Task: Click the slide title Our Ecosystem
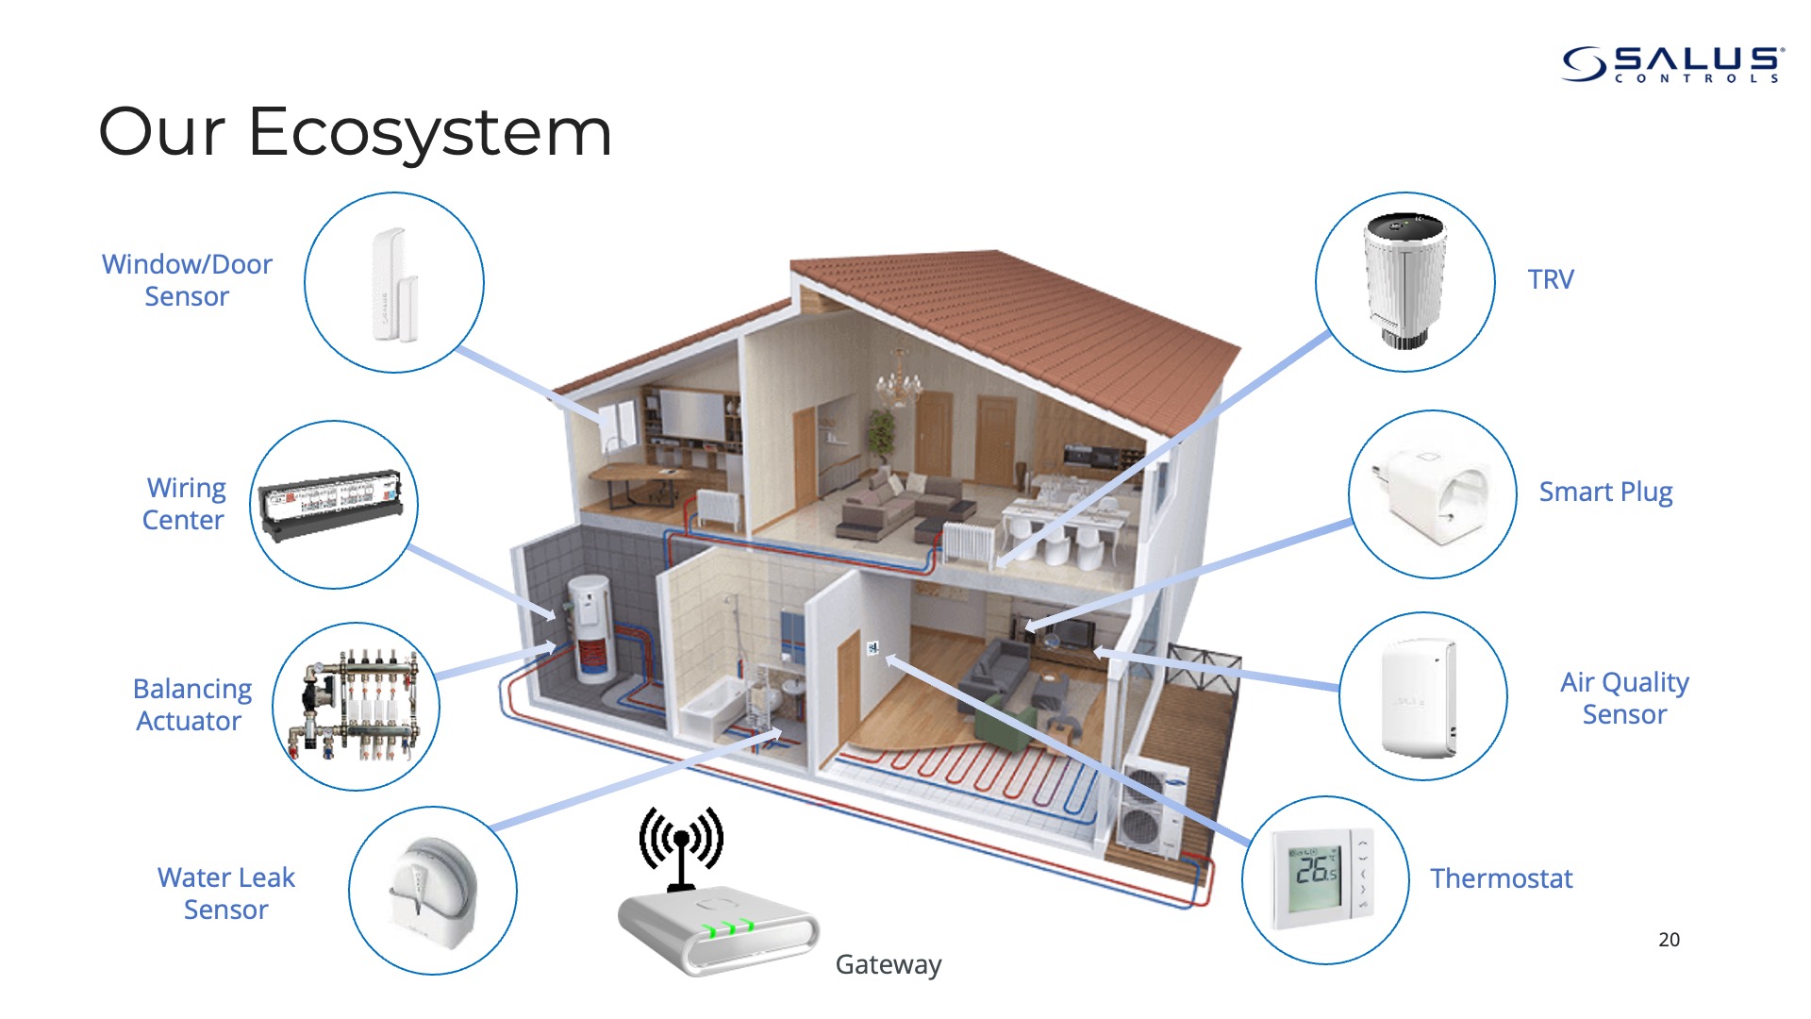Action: point(356,133)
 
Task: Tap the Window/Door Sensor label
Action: point(187,280)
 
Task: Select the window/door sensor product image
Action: point(394,284)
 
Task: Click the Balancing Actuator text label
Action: point(191,705)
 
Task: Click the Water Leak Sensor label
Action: point(226,894)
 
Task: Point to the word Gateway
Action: point(889,964)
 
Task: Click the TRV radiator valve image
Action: point(1405,280)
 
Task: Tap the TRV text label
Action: point(1551,279)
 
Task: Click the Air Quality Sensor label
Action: point(1624,698)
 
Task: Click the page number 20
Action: point(1669,940)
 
